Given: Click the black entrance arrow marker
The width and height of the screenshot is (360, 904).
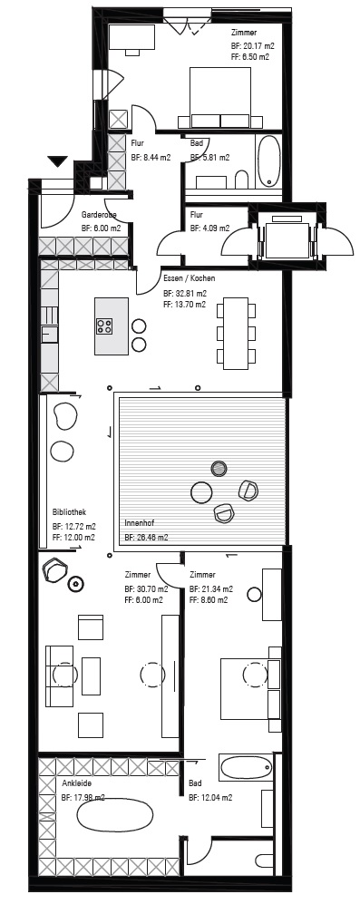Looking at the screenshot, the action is click(x=58, y=161).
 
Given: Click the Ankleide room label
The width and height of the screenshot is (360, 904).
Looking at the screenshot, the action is click(x=77, y=784).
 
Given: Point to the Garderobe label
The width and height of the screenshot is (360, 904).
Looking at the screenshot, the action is click(x=99, y=215).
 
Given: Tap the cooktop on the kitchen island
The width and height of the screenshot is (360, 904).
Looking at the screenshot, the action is click(x=104, y=326).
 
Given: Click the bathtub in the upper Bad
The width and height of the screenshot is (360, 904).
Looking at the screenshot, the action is click(x=268, y=160).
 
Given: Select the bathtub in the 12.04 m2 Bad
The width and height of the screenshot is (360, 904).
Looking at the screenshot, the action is click(x=246, y=768).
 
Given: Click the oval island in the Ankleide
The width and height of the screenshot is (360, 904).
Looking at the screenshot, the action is click(x=115, y=816).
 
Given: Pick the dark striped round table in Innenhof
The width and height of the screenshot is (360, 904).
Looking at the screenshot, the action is click(x=219, y=469).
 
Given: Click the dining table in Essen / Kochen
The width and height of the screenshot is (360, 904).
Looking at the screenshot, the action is click(x=236, y=334).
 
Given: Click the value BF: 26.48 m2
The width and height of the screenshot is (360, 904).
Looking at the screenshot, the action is click(x=146, y=538).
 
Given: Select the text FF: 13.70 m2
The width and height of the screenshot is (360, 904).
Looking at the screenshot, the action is click(x=185, y=305).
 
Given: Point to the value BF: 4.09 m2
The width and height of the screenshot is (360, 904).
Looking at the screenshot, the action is click(x=209, y=228).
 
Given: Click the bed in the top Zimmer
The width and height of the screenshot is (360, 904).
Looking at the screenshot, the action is click(x=220, y=97).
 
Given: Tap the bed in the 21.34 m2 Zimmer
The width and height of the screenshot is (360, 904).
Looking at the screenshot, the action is click(x=250, y=688).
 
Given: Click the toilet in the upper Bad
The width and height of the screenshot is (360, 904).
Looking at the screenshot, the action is click(x=241, y=180).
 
